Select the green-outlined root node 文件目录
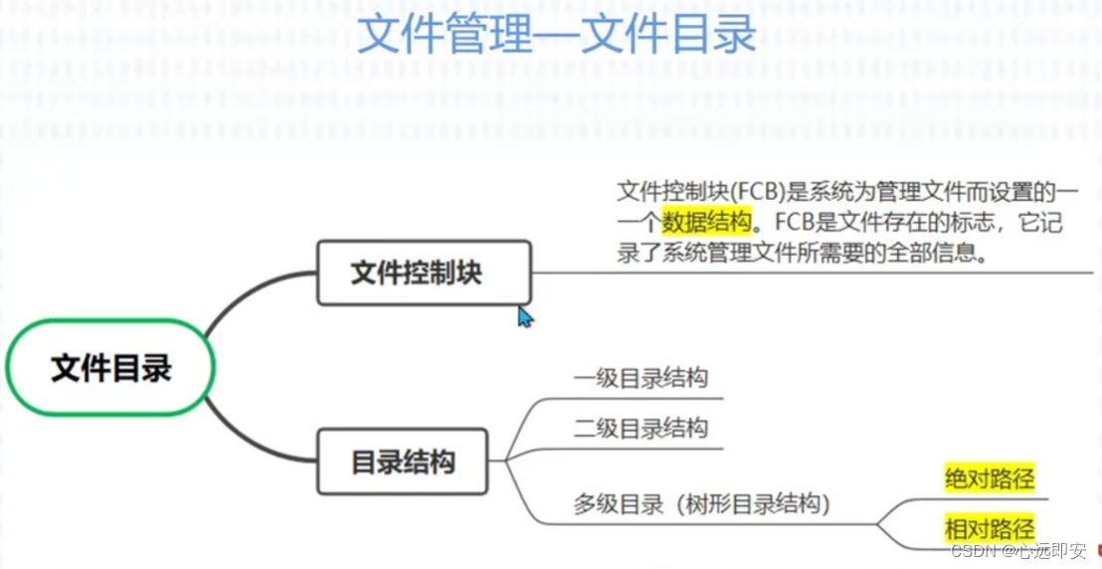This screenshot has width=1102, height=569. point(111,368)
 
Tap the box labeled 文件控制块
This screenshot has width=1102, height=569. point(424,273)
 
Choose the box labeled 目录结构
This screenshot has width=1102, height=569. point(403,462)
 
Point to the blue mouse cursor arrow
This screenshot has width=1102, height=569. point(524,316)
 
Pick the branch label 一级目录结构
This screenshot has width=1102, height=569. point(641,379)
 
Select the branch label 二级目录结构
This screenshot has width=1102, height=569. point(641,429)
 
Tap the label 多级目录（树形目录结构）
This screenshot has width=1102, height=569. point(701,504)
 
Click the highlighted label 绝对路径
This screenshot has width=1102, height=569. point(989,479)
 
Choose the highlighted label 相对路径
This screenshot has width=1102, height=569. point(989,527)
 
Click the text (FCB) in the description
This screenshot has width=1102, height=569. point(755,192)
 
